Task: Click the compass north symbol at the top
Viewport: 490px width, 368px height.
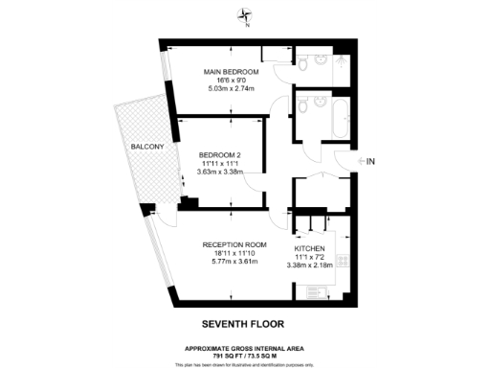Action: [246, 15]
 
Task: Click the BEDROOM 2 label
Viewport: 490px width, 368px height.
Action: [220, 154]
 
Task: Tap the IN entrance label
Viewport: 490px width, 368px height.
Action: [371, 162]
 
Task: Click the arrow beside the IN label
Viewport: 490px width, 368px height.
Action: [358, 162]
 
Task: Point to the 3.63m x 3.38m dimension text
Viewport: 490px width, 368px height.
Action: [220, 172]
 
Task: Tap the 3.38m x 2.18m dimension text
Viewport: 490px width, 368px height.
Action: [312, 264]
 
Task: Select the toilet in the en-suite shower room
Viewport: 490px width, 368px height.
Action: [304, 63]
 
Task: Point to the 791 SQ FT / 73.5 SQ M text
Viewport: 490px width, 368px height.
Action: [244, 354]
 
